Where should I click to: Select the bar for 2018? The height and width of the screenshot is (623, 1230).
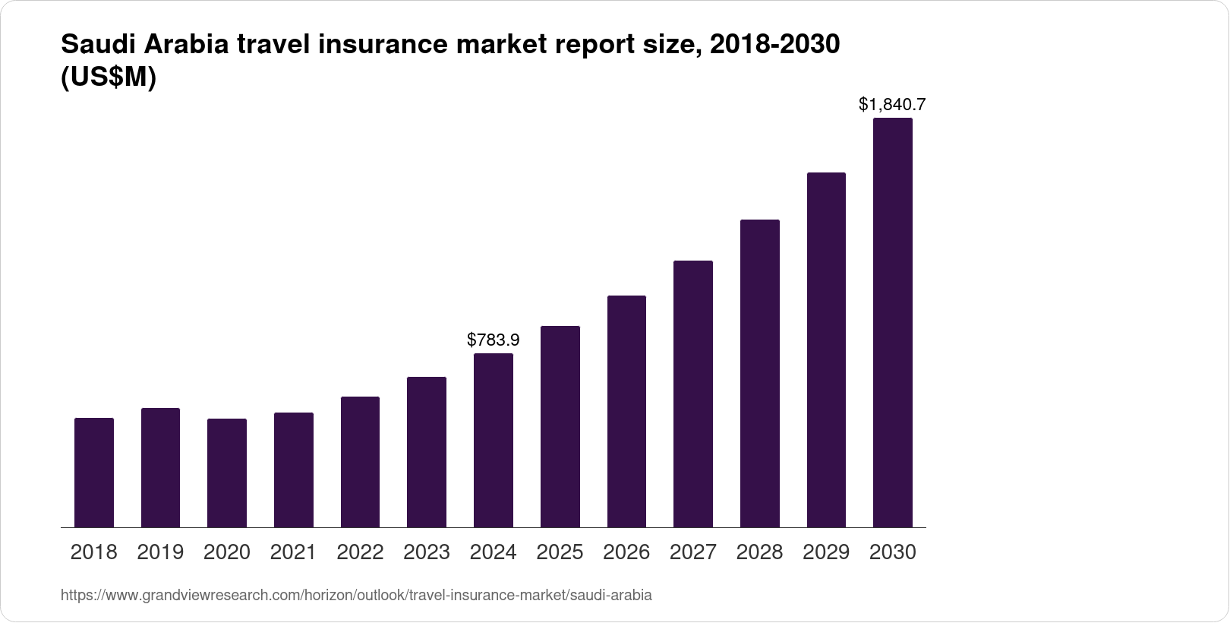94,473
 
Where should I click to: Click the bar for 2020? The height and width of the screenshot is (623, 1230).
227,473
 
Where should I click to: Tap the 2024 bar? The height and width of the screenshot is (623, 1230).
494,441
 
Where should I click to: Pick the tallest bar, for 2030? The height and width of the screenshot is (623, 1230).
893,323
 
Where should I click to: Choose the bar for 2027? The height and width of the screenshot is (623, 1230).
692,394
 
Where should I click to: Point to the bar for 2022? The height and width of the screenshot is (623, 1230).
360,462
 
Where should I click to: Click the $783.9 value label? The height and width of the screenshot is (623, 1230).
494,340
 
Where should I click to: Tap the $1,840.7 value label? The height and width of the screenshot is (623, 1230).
892,104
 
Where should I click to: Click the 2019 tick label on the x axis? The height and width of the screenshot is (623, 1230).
160,552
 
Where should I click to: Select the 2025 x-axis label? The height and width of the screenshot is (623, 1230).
560,552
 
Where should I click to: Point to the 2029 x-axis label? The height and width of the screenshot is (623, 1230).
826,552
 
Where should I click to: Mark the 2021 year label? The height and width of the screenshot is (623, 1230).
293,552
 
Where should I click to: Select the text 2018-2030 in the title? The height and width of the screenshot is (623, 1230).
773,46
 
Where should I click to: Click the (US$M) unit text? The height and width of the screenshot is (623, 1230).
108,77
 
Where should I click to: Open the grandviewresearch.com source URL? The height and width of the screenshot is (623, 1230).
356,595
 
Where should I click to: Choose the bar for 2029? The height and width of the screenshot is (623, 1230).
826,349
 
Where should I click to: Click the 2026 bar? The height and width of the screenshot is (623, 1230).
626,411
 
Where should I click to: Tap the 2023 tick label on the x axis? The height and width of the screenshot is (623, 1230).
427,552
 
